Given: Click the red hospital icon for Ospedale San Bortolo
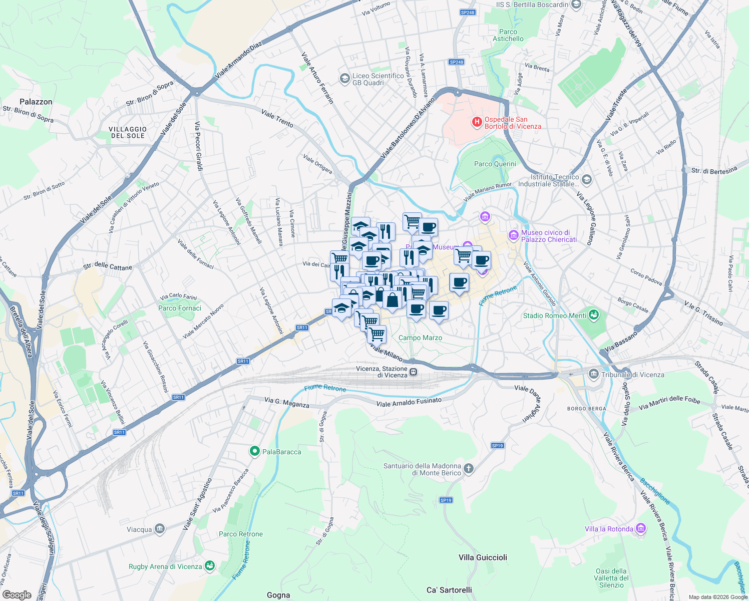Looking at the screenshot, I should click(477, 121).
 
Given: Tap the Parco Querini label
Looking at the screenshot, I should click(495, 164).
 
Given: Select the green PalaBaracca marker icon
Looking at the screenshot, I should click(254, 452).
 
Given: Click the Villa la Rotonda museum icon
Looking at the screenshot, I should click(640, 529).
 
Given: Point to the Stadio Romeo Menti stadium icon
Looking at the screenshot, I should click(594, 315).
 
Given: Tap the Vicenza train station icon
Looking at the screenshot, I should click(414, 372).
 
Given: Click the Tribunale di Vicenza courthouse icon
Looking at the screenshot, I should click(594, 374).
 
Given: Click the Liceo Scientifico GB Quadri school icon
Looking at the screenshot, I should click(344, 79).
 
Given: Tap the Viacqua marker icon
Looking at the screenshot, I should click(160, 529).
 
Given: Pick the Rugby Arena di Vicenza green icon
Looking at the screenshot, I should click(210, 566).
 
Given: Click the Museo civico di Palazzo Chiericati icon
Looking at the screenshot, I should click(513, 235).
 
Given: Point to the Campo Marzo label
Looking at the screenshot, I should click(420, 338).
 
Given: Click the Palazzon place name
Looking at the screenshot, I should click(36, 102).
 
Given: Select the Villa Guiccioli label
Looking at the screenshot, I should click(483, 557).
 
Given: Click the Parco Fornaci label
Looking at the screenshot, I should click(180, 308).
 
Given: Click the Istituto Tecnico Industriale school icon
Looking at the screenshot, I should click(587, 179).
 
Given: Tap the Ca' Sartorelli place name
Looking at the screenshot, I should click(449, 590).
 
